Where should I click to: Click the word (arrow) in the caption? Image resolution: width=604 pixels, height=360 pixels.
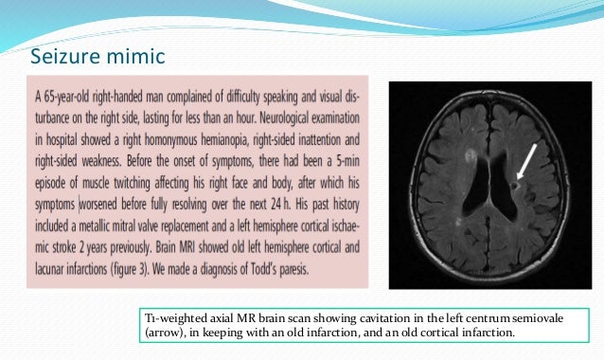160,333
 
